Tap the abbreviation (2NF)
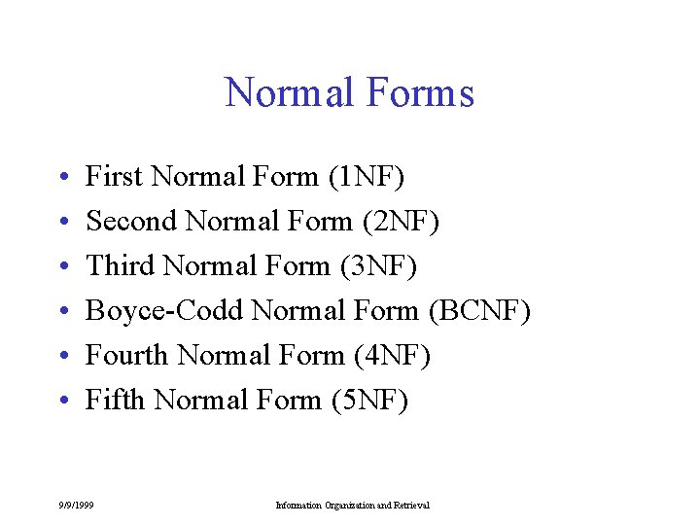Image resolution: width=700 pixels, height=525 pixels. pos(401,222)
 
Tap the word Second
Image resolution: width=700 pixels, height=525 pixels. pos(131,222)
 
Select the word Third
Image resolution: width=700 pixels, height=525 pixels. pos(122,266)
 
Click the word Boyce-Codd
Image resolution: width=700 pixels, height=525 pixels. pos(164,311)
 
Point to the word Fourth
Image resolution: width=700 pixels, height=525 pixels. pos(127,356)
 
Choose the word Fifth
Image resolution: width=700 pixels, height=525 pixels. pos(116,401)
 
